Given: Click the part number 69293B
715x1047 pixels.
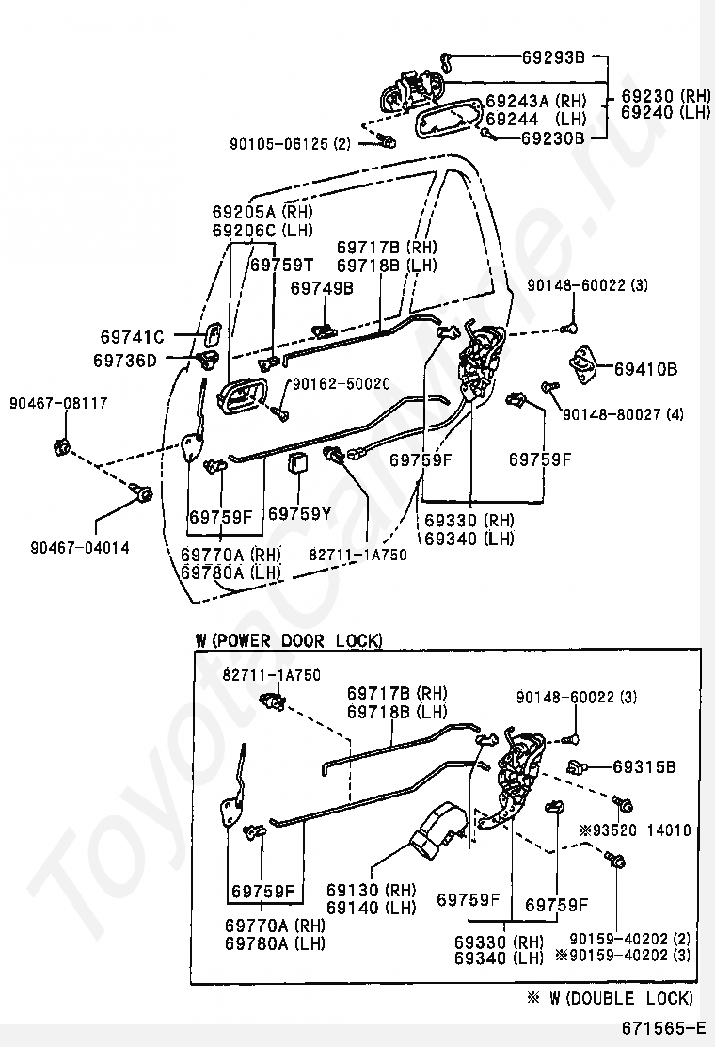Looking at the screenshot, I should [x=553, y=56].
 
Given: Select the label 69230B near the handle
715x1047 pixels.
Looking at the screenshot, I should [x=553, y=137].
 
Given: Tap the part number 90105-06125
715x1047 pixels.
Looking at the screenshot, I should [x=278, y=144].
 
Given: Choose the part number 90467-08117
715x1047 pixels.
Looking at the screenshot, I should [x=58, y=403].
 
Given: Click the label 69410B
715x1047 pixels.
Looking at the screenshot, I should [x=645, y=368].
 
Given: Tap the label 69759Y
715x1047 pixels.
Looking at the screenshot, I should [x=299, y=515].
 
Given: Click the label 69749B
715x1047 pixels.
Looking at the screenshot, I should [x=322, y=288].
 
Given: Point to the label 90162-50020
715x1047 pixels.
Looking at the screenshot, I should [x=341, y=383].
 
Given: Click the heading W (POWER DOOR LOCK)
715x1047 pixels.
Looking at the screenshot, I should [x=289, y=640].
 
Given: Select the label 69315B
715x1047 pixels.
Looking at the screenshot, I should [x=644, y=767].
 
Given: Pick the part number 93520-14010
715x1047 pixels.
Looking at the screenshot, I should [x=641, y=830].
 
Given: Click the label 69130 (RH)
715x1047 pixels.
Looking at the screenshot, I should [x=372, y=890].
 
